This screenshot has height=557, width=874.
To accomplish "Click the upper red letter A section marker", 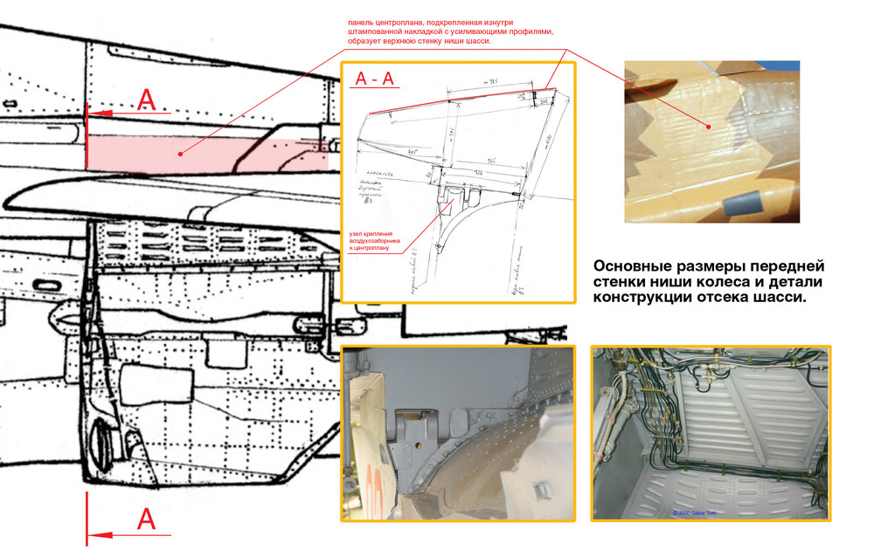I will pyautogui.click(x=147, y=100).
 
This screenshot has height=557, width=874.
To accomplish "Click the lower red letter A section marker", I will pyautogui.click(x=147, y=520).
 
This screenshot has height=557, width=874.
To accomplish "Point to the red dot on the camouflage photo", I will pyautogui.click(x=709, y=128).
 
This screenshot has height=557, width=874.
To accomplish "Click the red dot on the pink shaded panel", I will pyautogui.click(x=179, y=155).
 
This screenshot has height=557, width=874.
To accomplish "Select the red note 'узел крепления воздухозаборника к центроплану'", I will pyautogui.click(x=376, y=239).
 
